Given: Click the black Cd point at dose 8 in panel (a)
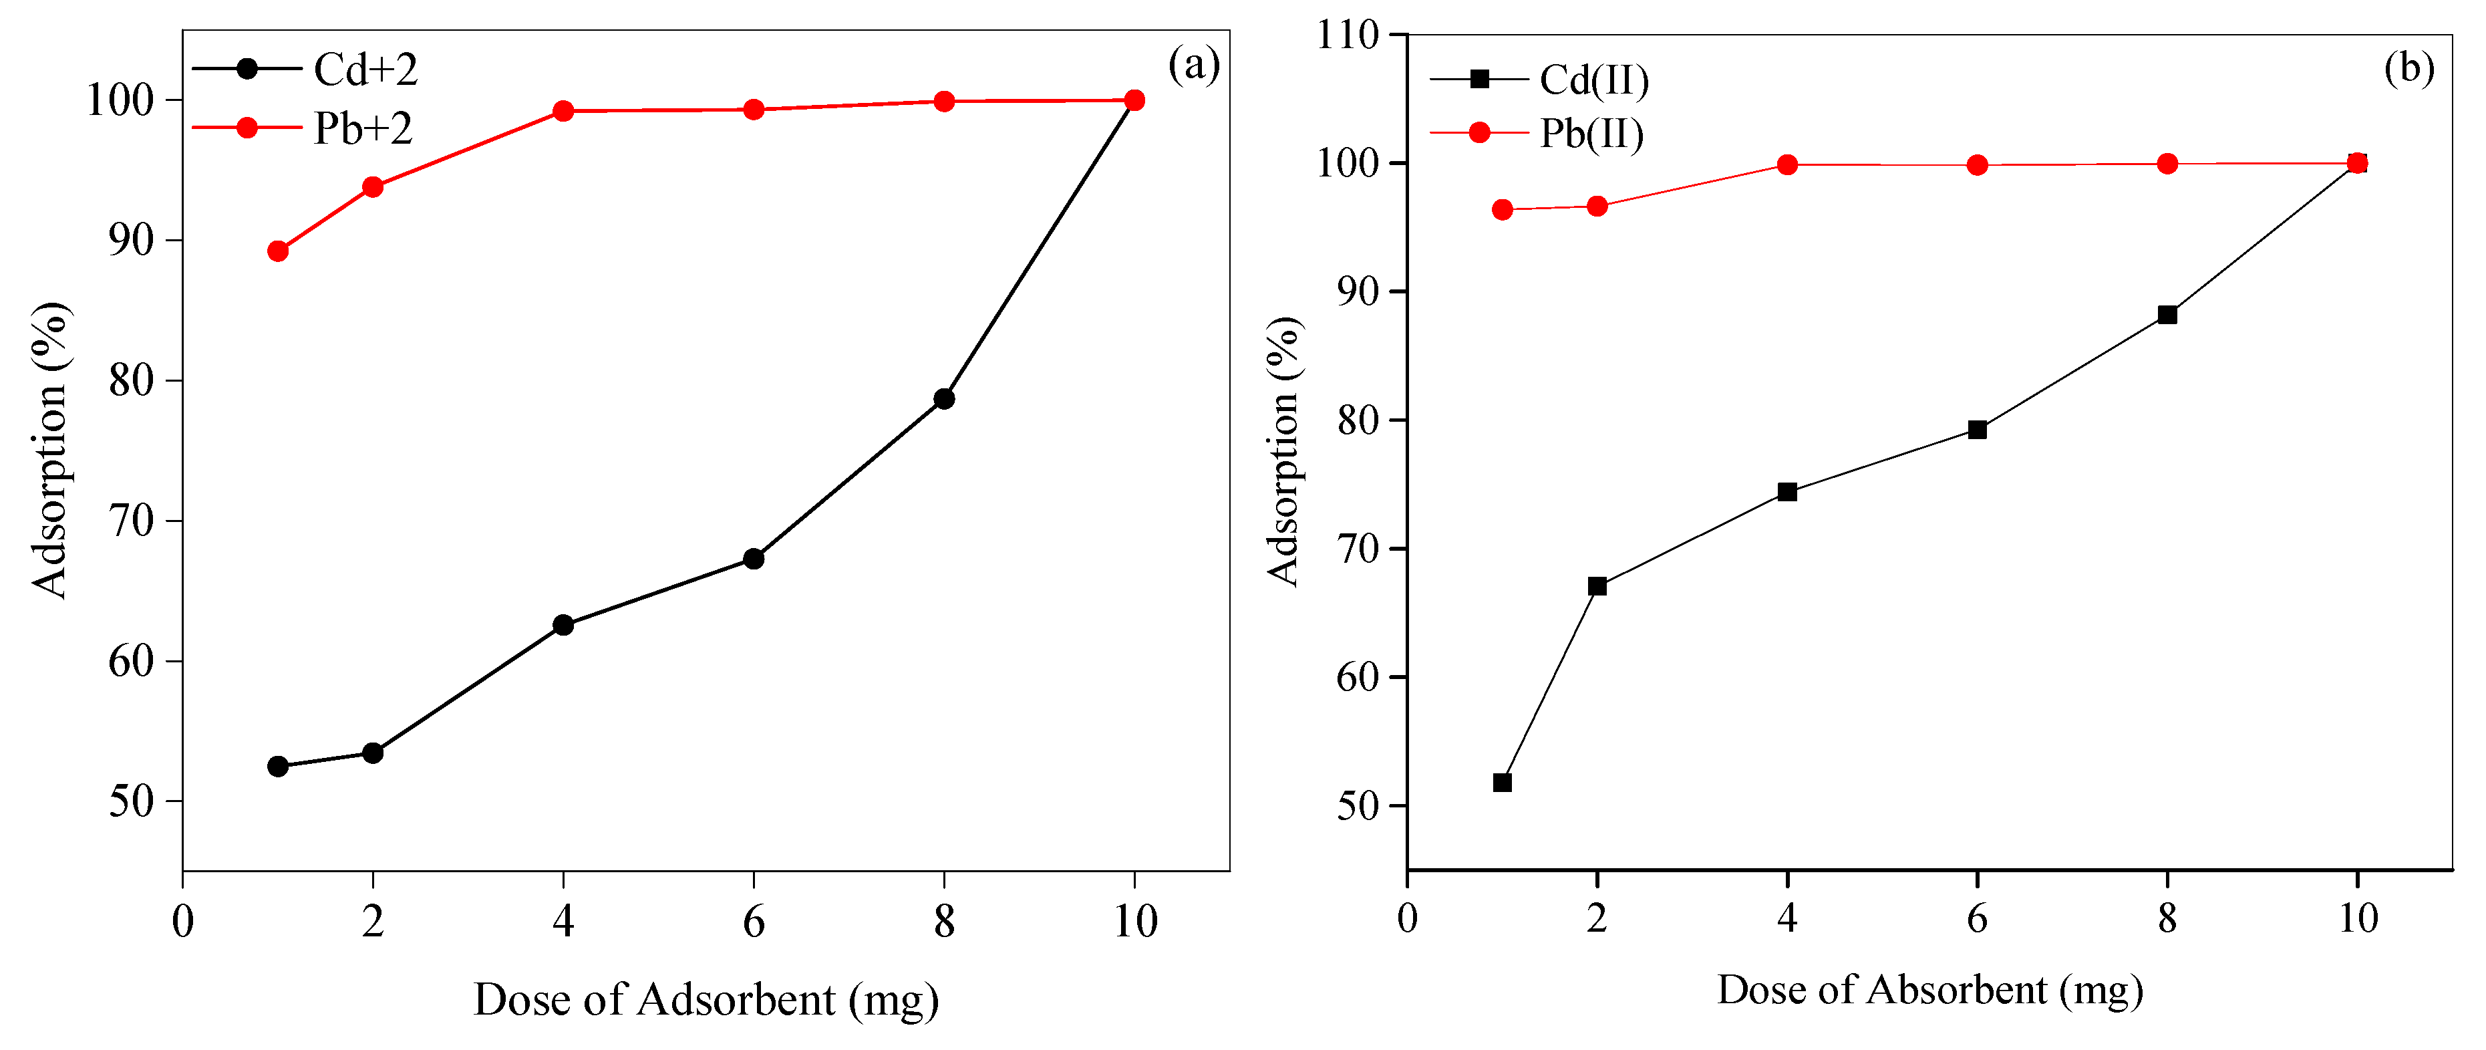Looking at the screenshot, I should point(944,398).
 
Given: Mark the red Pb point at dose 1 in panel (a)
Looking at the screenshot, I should point(278,251).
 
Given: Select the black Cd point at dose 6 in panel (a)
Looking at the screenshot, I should point(754,559).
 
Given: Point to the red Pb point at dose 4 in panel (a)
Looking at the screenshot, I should point(564,111).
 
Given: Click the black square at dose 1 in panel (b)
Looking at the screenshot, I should point(1502,782).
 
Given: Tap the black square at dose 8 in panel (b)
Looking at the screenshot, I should point(2167,315).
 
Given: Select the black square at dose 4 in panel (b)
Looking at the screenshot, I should point(1787,492).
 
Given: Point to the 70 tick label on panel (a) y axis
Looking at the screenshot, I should point(131,521).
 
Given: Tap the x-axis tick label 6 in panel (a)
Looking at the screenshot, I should point(754,922).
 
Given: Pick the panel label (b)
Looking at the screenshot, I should point(2409,68).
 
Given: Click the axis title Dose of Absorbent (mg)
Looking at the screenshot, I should point(1930,990).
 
